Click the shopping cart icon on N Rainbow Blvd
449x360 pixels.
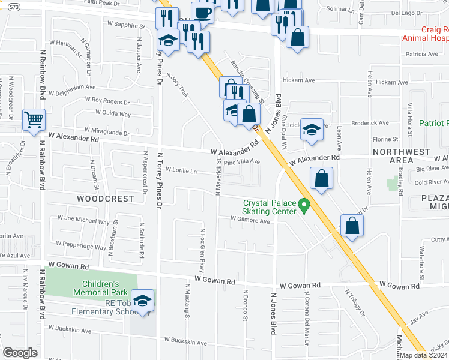click(34, 118)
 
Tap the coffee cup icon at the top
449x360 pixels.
click(202, 12)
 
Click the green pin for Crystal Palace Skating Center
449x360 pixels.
click(304, 207)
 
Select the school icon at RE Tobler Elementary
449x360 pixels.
click(143, 300)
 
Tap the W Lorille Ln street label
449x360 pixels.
click(181, 170)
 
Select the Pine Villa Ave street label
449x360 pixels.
click(242, 161)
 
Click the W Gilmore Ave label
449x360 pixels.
click(250, 220)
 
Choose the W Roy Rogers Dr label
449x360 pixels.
click(107, 101)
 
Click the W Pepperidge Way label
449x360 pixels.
click(82, 246)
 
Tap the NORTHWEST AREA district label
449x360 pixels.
click(401, 156)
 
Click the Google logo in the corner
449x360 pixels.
click(20, 353)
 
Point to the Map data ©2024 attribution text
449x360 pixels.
click(424, 356)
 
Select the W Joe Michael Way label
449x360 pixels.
click(83, 220)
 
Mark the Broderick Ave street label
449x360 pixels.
click(372, 122)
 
